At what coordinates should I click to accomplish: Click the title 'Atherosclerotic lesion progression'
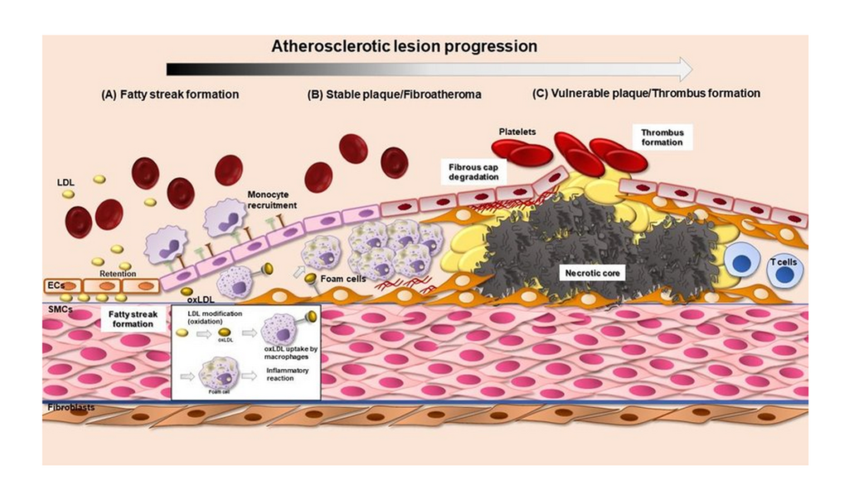click(404, 46)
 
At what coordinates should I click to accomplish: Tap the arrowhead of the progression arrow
click(684, 69)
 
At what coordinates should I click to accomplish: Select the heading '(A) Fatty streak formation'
click(170, 94)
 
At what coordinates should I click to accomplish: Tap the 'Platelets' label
click(520, 131)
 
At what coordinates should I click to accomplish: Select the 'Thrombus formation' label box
click(662, 137)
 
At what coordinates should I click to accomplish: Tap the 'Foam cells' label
click(342, 279)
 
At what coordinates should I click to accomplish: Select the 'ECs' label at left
click(56, 286)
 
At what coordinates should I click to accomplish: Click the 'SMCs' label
click(57, 308)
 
